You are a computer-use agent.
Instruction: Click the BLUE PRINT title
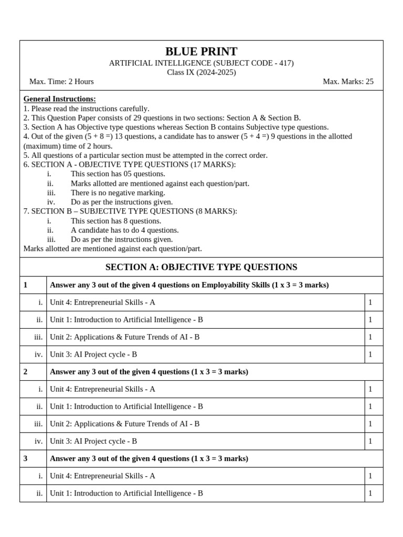click(201, 52)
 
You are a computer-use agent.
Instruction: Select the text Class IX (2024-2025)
click(201, 72)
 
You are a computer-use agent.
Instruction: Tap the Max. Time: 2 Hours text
click(61, 81)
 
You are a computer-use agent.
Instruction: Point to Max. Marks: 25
click(348, 81)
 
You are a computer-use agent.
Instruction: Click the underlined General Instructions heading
click(60, 99)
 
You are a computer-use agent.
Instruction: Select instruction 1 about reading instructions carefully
click(87, 109)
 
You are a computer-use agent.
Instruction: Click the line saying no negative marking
click(118, 192)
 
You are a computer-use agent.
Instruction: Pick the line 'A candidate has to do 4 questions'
click(124, 230)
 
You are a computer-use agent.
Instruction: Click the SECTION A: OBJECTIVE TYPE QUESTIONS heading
click(201, 267)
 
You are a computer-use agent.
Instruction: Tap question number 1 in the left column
click(26, 285)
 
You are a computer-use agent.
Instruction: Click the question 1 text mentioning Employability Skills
click(189, 285)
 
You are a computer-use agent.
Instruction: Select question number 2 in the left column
click(26, 372)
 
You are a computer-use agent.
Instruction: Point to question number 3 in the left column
click(26, 458)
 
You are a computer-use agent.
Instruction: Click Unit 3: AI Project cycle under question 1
click(93, 355)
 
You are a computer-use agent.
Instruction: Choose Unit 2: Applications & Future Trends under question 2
click(124, 424)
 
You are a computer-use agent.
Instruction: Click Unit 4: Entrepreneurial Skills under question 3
click(102, 476)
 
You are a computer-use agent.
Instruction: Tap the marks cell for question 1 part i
click(370, 303)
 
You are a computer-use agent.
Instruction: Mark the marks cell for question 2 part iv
click(370, 441)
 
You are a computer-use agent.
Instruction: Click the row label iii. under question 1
click(38, 337)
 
